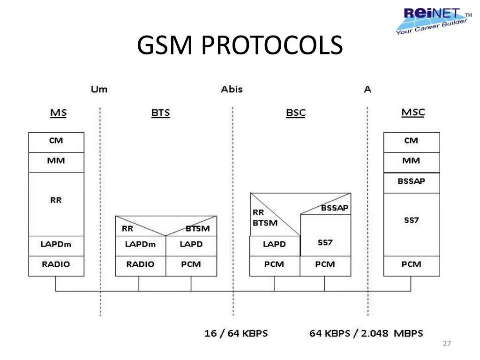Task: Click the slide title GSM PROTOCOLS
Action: [x=240, y=45]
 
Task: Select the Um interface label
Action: [x=99, y=89]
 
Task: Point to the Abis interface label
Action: [x=232, y=89]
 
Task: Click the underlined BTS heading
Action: [x=160, y=113]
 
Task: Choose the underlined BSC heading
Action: [x=295, y=113]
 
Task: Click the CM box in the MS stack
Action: [x=56, y=141]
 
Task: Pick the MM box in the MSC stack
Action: [x=411, y=161]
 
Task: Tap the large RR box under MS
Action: [x=56, y=200]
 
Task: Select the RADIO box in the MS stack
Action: [x=56, y=264]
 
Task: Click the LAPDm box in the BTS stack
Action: [x=140, y=244]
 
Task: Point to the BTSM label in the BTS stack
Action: [x=197, y=229]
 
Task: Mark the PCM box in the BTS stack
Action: [x=191, y=264]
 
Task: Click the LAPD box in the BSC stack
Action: [x=274, y=244]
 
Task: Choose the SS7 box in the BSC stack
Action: [x=325, y=242]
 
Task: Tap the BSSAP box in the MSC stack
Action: [x=411, y=181]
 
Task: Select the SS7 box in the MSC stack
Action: [x=411, y=220]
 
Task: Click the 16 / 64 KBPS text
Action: [x=236, y=333]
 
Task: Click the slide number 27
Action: [x=447, y=344]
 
